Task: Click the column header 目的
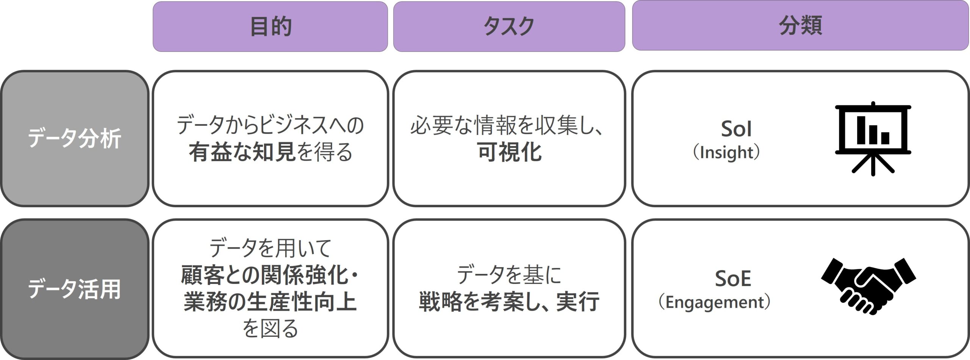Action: point(271,27)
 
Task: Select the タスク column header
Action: point(509,27)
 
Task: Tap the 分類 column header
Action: point(800,26)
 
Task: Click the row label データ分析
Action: point(74,138)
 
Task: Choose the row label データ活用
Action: point(74,289)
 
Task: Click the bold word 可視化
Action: point(509,152)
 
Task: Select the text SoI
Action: point(736,129)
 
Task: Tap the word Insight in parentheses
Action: point(726,153)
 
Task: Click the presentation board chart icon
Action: point(873,138)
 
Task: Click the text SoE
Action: point(733,279)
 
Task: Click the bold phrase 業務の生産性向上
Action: point(270,302)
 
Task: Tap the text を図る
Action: point(270,328)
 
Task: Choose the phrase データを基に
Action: point(509,275)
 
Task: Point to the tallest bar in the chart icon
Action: point(861,130)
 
